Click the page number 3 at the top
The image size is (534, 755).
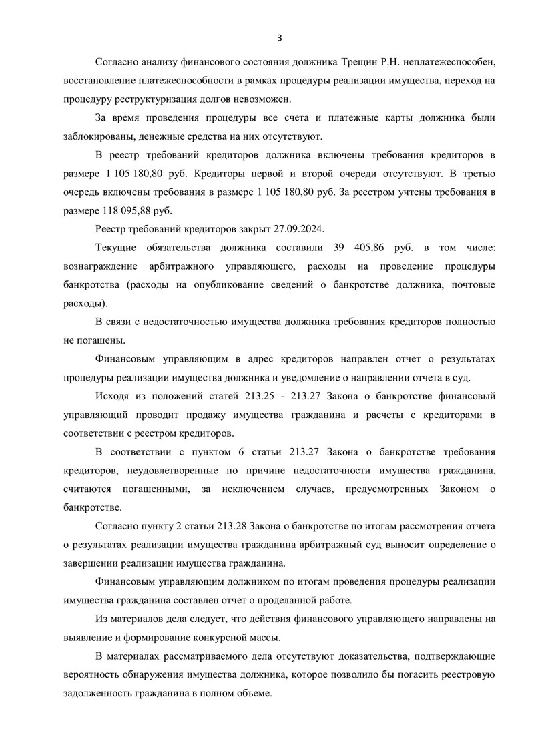[280, 37]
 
